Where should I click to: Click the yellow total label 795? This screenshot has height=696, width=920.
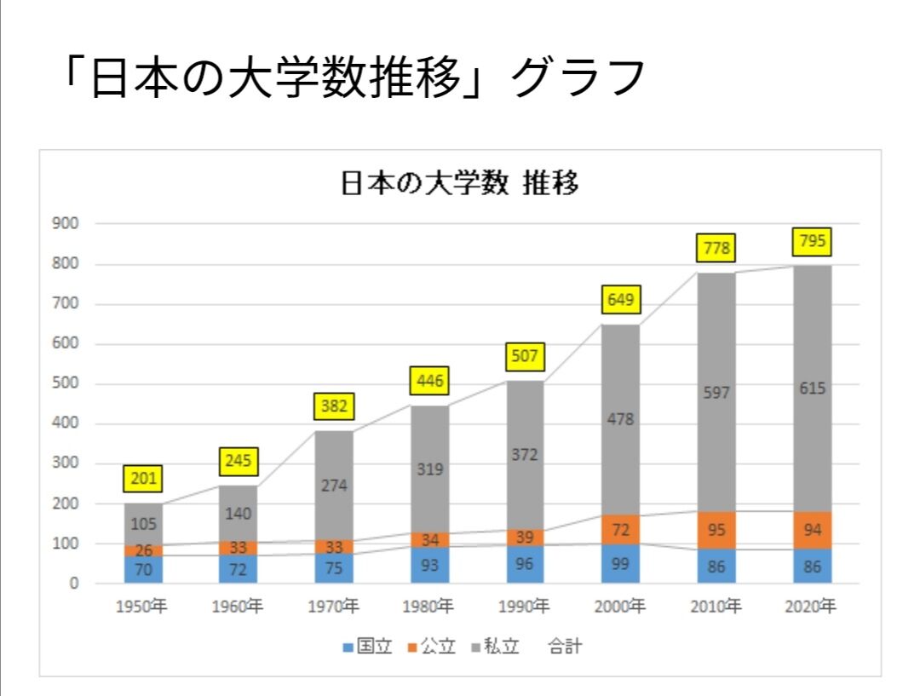click(811, 242)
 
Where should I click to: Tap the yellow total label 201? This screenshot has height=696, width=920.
click(143, 479)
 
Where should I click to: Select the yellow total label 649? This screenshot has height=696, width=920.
click(620, 299)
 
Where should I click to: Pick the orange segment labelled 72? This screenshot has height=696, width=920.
click(620, 530)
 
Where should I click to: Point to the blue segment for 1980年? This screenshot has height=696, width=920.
click(429, 565)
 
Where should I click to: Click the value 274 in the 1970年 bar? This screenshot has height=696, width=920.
click(334, 486)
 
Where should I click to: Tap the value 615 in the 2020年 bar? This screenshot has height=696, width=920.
click(811, 388)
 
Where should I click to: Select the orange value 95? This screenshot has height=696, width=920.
click(716, 531)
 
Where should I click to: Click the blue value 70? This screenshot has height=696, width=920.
click(143, 570)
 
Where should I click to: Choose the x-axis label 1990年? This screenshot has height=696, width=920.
click(525, 607)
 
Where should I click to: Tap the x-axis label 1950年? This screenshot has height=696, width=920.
click(143, 607)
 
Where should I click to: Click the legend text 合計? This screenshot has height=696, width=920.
click(566, 647)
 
